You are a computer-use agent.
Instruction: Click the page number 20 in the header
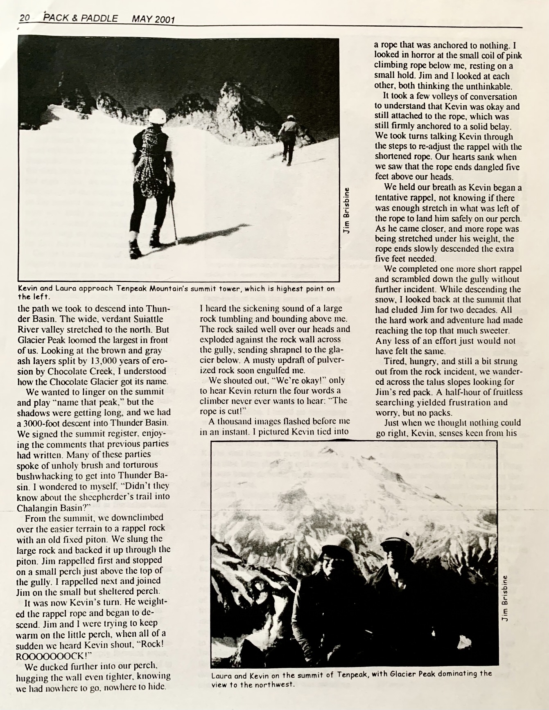pos(25,18)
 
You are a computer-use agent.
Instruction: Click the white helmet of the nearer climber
pos(157,116)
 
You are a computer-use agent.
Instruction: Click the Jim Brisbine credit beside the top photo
pos(346,210)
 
